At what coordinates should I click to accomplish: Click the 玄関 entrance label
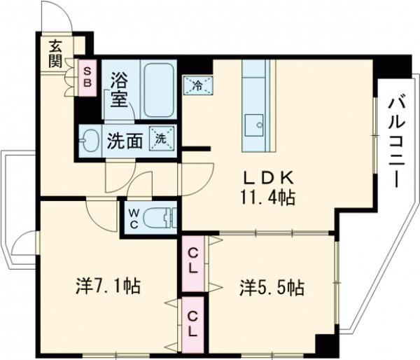(x=55, y=53)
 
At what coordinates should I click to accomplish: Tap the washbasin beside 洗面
(x=90, y=139)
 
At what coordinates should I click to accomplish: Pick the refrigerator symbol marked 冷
(x=197, y=85)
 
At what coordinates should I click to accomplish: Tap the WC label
(x=133, y=218)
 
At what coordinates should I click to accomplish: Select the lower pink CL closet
(x=192, y=324)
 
